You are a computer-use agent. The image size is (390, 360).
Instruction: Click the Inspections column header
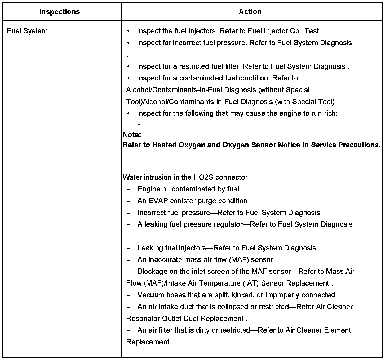[59, 12]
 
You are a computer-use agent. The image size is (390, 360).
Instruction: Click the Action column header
[250, 12]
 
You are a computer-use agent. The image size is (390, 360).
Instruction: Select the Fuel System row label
[27, 31]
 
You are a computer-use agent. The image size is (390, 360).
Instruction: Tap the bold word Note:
[132, 135]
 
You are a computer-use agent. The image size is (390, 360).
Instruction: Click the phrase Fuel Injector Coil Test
[283, 31]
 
